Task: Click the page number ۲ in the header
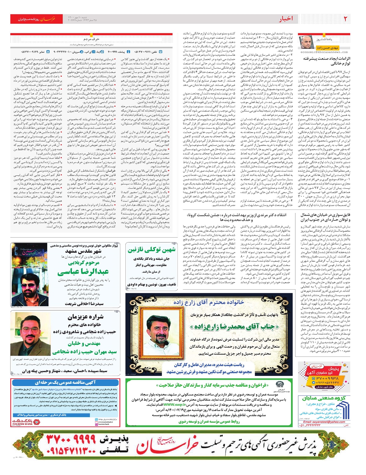(345, 19)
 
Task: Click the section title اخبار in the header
(286, 19)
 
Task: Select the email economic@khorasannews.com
(324, 52)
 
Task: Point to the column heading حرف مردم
(91, 39)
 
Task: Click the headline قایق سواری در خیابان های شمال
(325, 217)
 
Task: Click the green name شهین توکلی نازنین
(152, 250)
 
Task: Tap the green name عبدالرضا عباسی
(83, 272)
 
